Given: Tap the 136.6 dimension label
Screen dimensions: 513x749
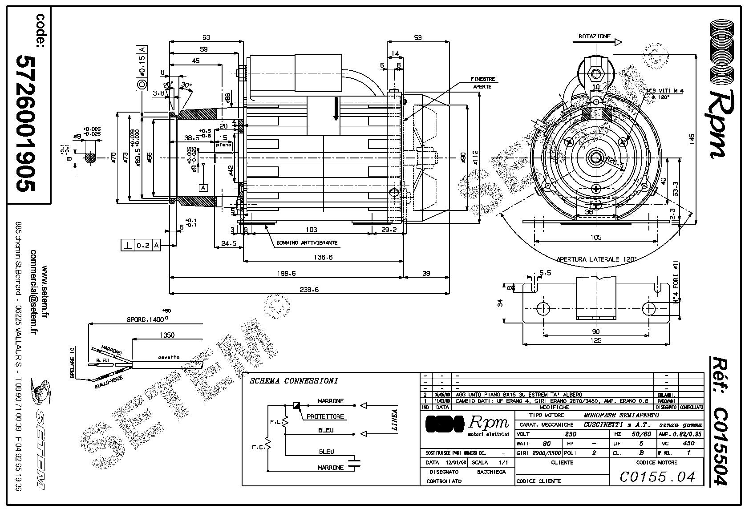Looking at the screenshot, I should (x=323, y=257).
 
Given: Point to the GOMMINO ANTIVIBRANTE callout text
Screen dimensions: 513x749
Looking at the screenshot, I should (x=307, y=243).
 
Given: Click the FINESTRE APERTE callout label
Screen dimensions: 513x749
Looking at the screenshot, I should (x=482, y=83).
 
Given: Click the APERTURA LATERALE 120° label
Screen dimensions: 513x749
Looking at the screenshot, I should (x=596, y=259).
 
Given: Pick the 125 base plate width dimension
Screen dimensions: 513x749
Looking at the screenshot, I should (x=595, y=341).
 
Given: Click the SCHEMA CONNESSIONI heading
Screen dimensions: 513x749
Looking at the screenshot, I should (x=294, y=381).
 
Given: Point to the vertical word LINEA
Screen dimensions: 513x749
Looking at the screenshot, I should (x=394, y=420).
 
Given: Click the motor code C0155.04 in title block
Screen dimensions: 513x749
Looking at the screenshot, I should (x=657, y=477).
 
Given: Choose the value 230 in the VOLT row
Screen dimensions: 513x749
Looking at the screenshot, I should (x=570, y=434).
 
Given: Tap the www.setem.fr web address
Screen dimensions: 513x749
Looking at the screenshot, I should (x=44, y=292).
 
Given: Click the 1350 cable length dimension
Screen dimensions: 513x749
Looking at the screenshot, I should (x=166, y=335).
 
